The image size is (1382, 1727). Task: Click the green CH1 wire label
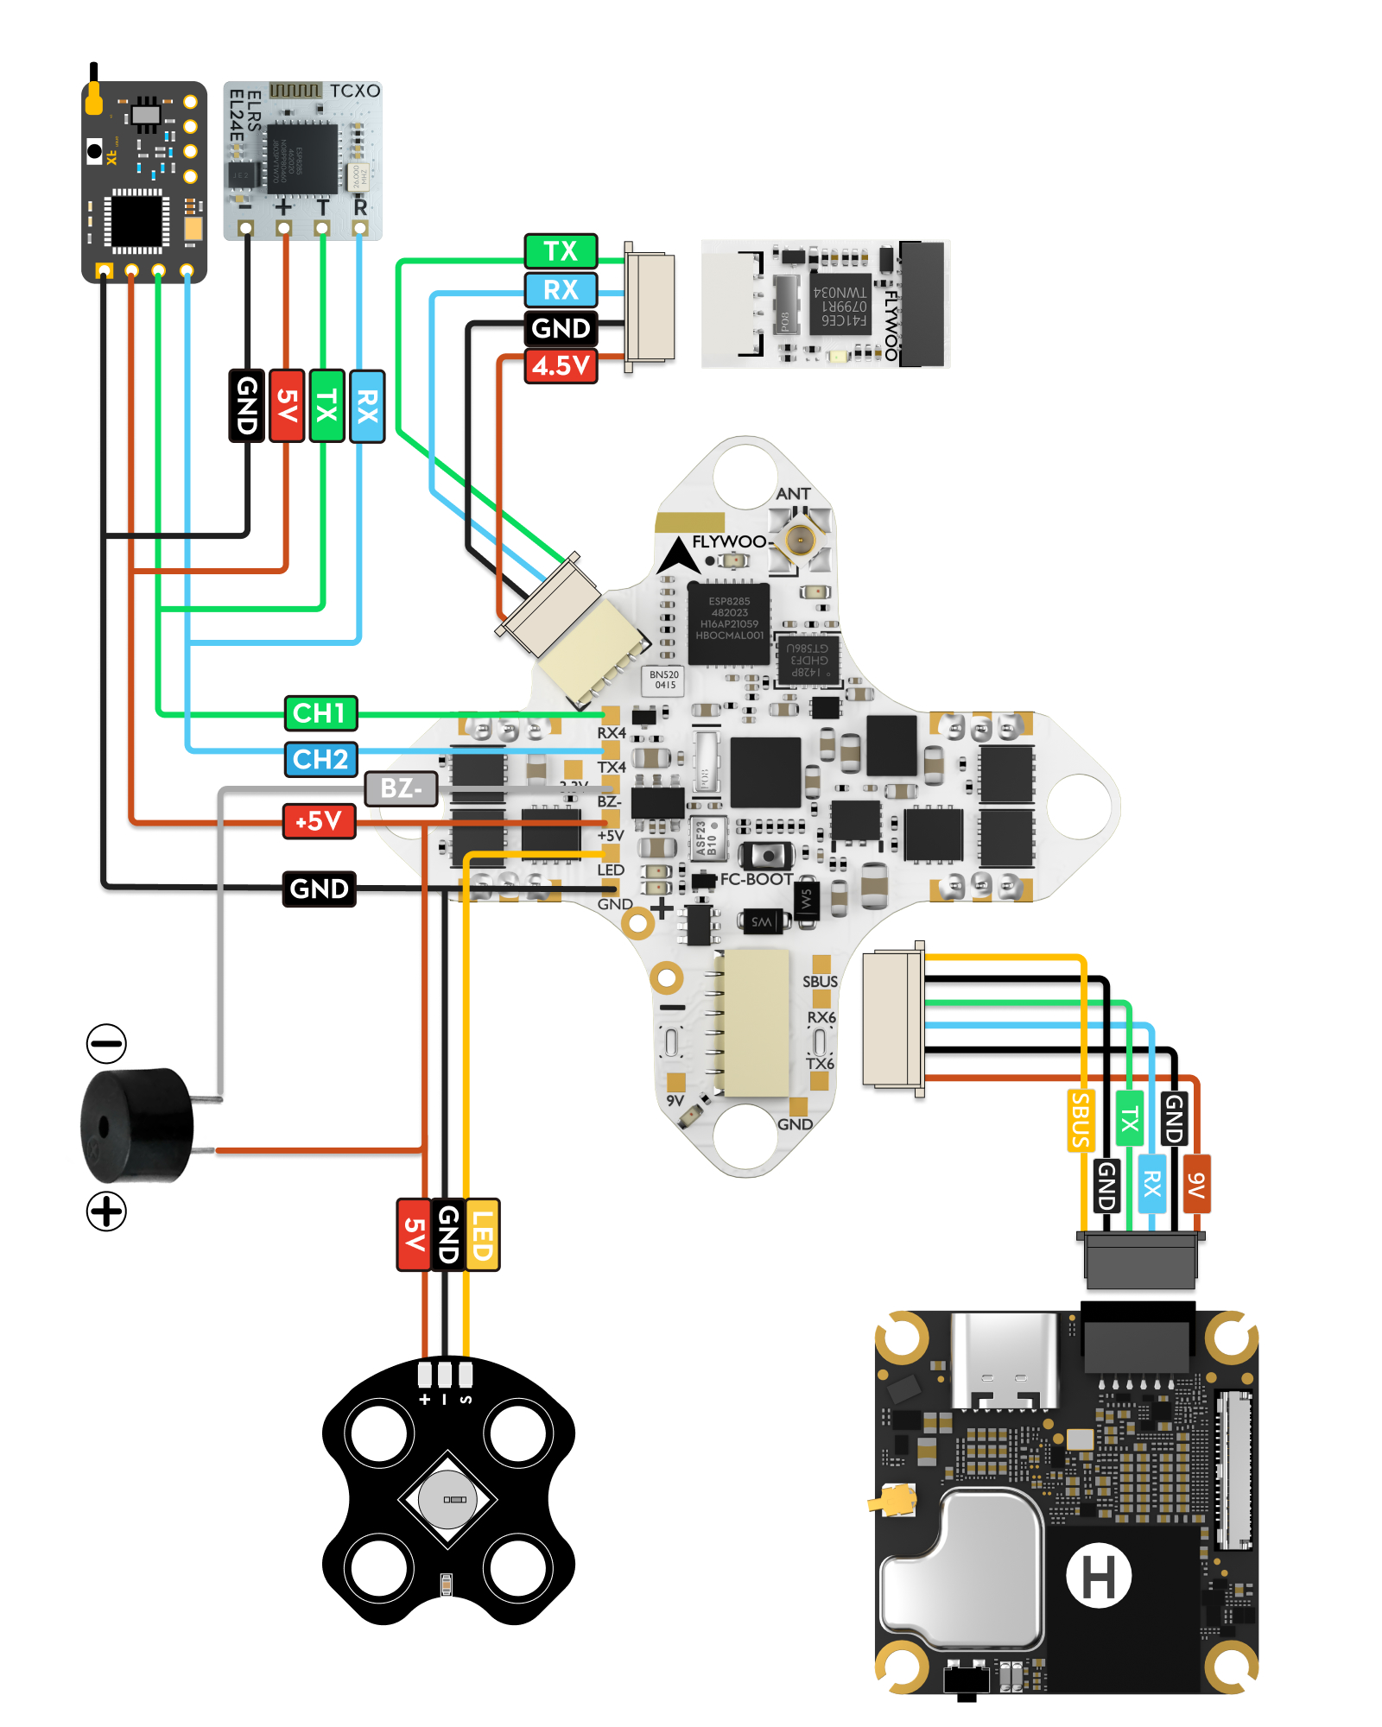coord(320,713)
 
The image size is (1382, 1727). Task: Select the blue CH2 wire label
coord(320,760)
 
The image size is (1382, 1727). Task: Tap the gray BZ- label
coord(401,788)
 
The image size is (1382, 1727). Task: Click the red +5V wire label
coord(320,821)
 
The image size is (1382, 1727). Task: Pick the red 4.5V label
coord(561,366)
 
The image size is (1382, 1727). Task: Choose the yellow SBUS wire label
coord(1081,1121)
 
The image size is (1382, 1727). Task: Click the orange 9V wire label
coord(1196,1184)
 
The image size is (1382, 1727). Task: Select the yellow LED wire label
coord(482,1235)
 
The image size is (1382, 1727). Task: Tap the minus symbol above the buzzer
coord(106,1043)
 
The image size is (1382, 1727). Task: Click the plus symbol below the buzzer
coord(106,1211)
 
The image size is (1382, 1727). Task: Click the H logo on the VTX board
coord(1099,1576)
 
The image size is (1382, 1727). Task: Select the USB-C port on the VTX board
coord(1004,1362)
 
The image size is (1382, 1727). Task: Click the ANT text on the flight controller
coord(793,494)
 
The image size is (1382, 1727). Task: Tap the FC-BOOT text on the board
coord(757,879)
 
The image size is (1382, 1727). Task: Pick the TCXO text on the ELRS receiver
coord(354,91)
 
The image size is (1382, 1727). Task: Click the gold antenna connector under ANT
coord(800,541)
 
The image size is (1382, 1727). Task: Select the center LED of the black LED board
coord(447,1499)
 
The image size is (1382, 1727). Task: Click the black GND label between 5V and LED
coord(447,1235)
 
